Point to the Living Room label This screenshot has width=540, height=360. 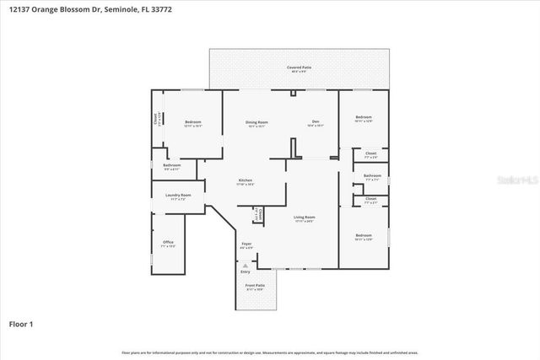click(x=304, y=219)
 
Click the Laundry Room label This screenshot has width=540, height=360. click(x=177, y=197)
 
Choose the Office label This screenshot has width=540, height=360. click(x=167, y=244)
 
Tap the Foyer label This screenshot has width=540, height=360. click(x=246, y=245)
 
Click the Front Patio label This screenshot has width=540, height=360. click(x=254, y=287)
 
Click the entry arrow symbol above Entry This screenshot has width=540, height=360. click(x=246, y=265)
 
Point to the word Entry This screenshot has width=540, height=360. click(x=246, y=271)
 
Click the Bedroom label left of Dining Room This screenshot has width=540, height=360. click(x=192, y=124)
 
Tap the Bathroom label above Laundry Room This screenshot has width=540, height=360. click(x=171, y=166)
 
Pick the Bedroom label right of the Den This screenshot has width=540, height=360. click(x=363, y=118)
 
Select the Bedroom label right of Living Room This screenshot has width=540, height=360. click(x=363, y=236)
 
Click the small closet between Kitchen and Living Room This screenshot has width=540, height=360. click(x=258, y=216)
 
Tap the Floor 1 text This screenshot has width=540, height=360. click(x=21, y=323)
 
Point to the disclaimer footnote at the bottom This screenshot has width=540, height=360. click(x=269, y=352)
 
